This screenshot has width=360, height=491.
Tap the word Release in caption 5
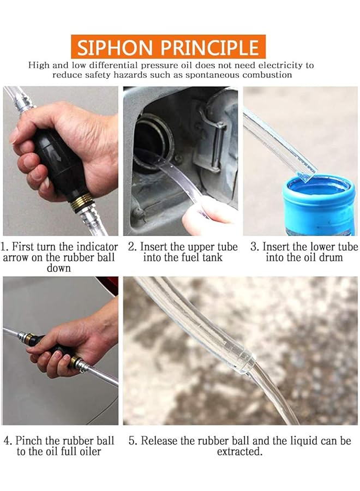(161, 440)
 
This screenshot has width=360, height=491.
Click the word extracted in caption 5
(238, 452)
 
